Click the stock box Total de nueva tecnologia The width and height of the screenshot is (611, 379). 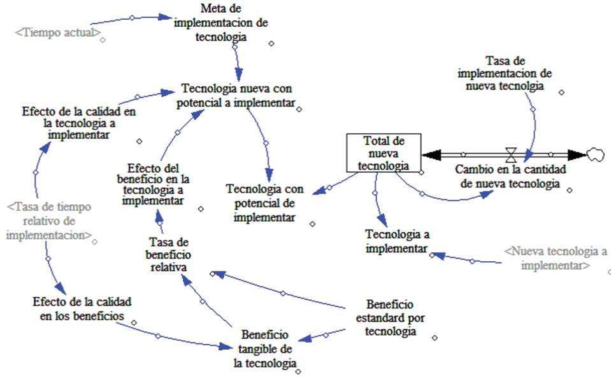(x=384, y=153)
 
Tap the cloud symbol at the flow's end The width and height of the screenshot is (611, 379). (x=596, y=155)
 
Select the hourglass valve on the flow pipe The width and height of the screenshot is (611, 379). (x=511, y=155)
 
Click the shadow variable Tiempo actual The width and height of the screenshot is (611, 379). (x=58, y=32)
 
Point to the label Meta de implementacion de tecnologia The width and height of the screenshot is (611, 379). (x=221, y=22)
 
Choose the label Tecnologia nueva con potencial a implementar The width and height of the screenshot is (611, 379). (x=236, y=96)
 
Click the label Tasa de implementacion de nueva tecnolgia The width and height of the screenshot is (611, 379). (x=505, y=73)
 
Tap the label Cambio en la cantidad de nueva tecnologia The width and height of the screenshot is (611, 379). (x=510, y=176)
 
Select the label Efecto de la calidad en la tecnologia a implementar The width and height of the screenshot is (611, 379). (x=79, y=123)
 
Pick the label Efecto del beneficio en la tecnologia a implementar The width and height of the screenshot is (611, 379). (x=153, y=184)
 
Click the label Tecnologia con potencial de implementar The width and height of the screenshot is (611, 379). (x=264, y=203)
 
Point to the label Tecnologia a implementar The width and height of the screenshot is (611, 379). (x=397, y=241)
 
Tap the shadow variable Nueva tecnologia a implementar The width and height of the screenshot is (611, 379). (x=556, y=258)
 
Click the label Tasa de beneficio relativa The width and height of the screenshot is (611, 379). (x=168, y=255)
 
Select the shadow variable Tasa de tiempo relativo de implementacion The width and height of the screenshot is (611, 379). (x=49, y=221)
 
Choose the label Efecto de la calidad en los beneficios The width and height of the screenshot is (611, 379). (x=82, y=309)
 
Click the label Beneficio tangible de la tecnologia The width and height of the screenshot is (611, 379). (x=265, y=349)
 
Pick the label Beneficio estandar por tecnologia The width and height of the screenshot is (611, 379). (x=390, y=318)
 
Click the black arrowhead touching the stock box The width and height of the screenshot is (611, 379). (x=431, y=155)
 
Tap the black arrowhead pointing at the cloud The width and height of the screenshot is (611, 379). (x=577, y=155)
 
